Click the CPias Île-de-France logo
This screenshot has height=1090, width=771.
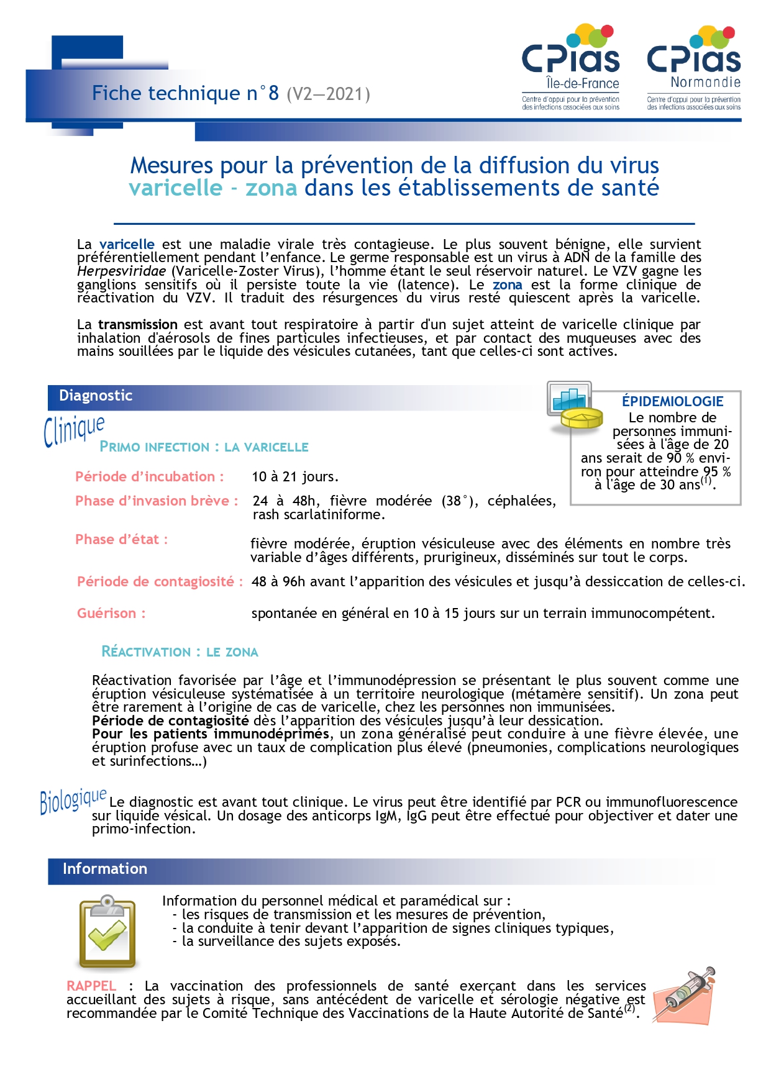click(570, 67)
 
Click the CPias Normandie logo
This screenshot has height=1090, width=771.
click(693, 67)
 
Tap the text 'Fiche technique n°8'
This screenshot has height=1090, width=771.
click(185, 93)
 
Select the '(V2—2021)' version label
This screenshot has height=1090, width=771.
click(328, 94)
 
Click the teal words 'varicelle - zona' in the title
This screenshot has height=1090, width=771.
click(213, 188)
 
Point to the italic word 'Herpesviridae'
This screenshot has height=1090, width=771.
click(122, 271)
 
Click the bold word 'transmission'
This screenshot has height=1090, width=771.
click(138, 325)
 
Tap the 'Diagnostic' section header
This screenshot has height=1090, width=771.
click(96, 396)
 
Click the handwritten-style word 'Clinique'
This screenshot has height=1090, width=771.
click(74, 429)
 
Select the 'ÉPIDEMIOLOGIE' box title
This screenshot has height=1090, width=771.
click(672, 401)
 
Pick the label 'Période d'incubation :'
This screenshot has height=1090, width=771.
click(149, 477)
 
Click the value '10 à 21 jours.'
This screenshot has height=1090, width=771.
click(295, 477)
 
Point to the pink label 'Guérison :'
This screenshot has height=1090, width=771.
click(111, 614)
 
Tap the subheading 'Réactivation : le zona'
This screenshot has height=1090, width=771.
click(180, 652)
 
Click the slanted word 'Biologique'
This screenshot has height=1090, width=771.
click(73, 801)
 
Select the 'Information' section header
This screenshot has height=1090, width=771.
click(104, 869)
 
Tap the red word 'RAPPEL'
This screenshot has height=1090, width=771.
click(91, 986)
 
